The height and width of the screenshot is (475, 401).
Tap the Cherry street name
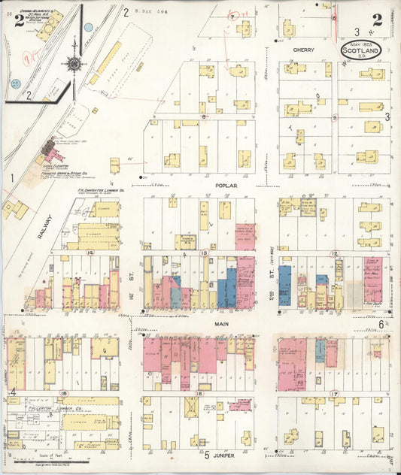[303, 50]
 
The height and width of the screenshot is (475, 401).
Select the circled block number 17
[335, 393]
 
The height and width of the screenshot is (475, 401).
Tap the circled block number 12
[335, 253]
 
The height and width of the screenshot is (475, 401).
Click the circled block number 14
[90, 253]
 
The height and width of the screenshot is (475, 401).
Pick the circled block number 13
[204, 253]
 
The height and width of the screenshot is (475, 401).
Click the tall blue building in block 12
[284, 285]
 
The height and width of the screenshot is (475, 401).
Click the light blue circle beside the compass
[89, 27]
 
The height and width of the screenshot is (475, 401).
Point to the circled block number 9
[334, 117]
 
